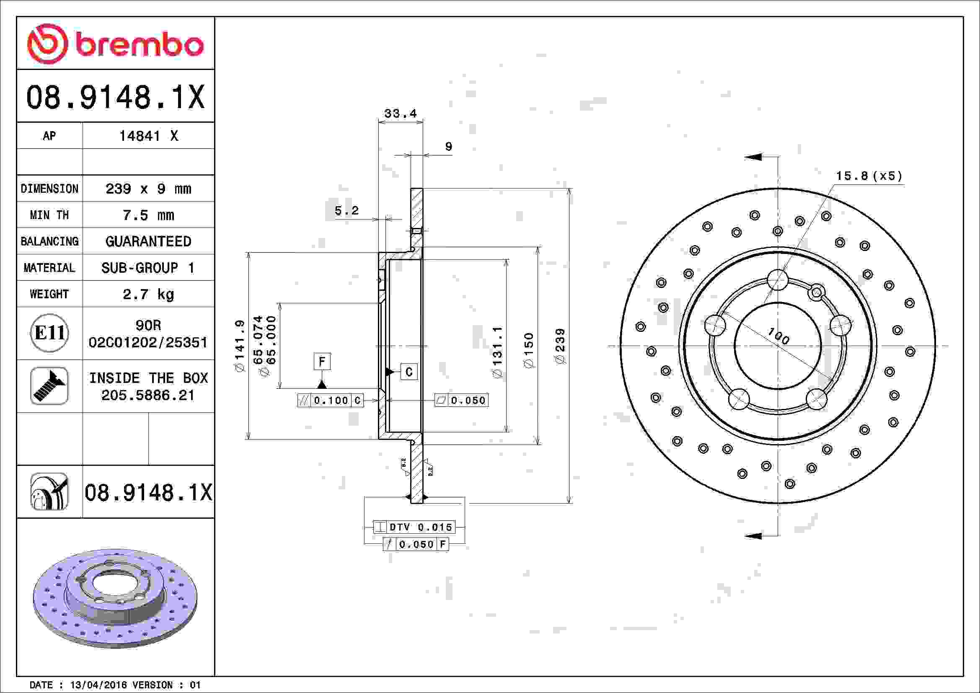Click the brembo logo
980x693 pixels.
(x=115, y=44)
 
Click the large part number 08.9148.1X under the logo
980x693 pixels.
(x=115, y=97)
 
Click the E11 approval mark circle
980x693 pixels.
(x=49, y=333)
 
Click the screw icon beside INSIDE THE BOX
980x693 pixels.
(x=49, y=386)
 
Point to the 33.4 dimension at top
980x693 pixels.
(x=401, y=114)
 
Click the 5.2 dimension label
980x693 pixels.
(x=346, y=210)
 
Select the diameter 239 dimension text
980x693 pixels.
(x=560, y=346)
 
